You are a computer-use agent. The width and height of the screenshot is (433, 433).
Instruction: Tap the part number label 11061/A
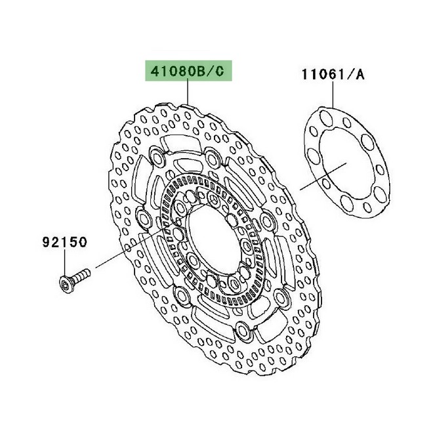[x=332, y=74]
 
